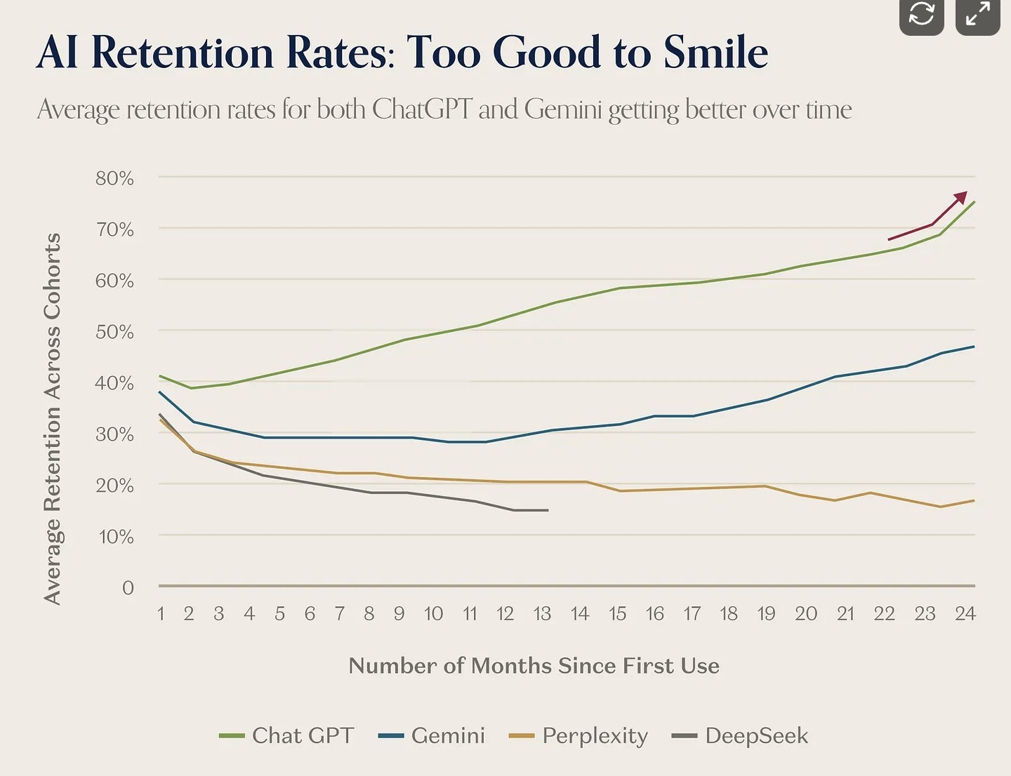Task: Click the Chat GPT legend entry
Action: click(x=286, y=735)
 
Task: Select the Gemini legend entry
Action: click(x=432, y=735)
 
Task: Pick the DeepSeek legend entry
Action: click(x=740, y=735)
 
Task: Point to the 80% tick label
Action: click(x=114, y=178)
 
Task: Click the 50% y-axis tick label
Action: click(x=114, y=331)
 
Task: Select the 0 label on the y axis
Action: click(x=128, y=587)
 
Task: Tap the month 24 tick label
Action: click(x=965, y=614)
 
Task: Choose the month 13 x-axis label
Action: click(x=542, y=614)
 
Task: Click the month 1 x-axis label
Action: click(x=161, y=614)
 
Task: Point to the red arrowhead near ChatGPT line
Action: click(x=961, y=197)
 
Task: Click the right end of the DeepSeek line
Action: click(x=548, y=510)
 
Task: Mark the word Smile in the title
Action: click(x=715, y=53)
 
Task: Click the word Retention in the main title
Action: click(x=182, y=53)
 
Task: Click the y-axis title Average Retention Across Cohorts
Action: click(x=53, y=418)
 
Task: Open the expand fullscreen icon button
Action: click(x=977, y=14)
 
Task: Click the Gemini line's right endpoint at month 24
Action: click(x=974, y=347)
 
